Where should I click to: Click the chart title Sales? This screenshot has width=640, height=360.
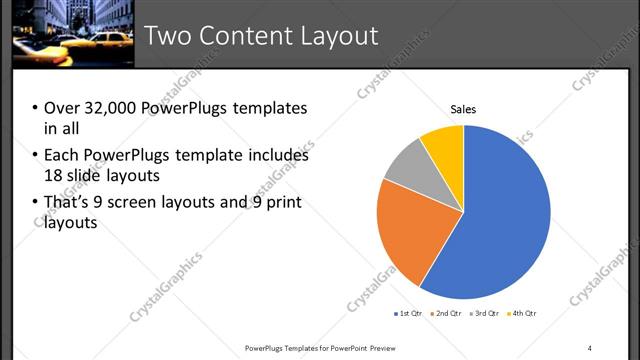click(x=463, y=109)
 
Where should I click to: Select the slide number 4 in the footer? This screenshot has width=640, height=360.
click(x=590, y=348)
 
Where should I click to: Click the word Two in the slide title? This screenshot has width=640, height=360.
click(x=164, y=36)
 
